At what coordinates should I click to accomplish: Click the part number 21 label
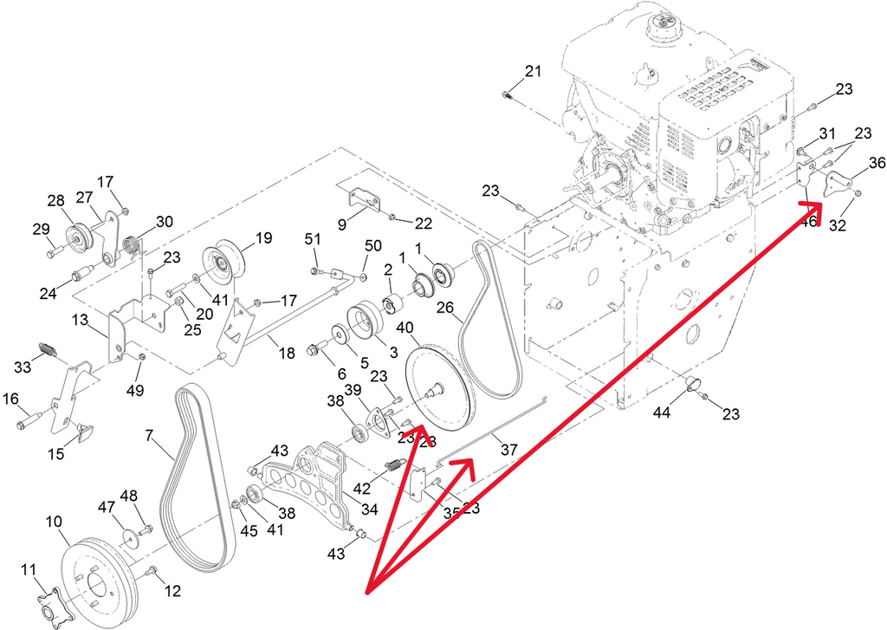coord(533,71)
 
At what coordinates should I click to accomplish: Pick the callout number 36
coord(877,162)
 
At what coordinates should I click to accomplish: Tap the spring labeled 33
coord(49,352)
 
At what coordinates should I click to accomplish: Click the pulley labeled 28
coord(79,236)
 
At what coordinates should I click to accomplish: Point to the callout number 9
coord(341,224)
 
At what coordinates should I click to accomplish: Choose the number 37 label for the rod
coord(508,450)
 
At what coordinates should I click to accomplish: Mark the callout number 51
coord(313,238)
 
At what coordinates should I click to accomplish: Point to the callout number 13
coord(80,321)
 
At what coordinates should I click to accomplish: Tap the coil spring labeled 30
coord(133,245)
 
